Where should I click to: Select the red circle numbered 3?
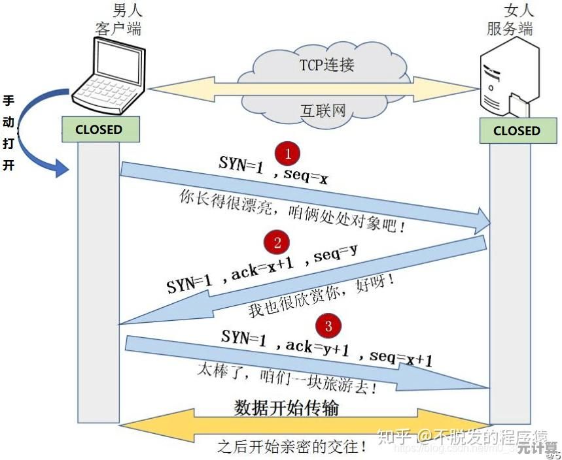[328, 325]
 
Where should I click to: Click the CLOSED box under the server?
[516, 130]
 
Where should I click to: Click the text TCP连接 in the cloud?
[327, 65]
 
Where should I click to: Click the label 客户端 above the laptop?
[118, 29]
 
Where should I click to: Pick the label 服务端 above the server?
[510, 29]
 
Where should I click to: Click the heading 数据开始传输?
[287, 408]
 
